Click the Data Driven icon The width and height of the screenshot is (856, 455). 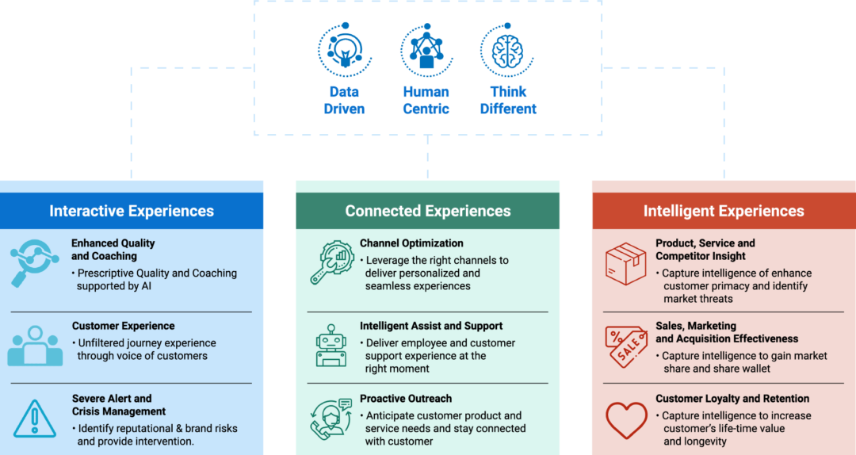tap(344, 48)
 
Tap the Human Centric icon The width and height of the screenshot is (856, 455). tap(426, 48)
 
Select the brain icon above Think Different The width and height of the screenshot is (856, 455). tap(507, 48)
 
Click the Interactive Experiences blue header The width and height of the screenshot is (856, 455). tap(132, 211)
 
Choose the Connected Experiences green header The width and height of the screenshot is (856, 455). tap(428, 211)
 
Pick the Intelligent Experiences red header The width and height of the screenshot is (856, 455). tap(724, 211)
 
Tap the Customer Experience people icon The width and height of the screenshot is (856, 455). tap(35, 346)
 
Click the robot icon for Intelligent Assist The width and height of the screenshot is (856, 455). tap(331, 346)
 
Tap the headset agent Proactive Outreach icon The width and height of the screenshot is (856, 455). tap(331, 419)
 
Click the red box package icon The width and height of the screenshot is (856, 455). tap(626, 264)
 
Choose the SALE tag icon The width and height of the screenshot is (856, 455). tap(626, 346)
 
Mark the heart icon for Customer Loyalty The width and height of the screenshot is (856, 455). tap(626, 420)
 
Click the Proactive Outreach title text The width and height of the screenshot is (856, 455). tap(406, 399)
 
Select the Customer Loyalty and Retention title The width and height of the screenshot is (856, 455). tap(732, 399)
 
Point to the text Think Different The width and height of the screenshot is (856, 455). tap(508, 101)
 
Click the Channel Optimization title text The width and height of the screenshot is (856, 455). tap(411, 243)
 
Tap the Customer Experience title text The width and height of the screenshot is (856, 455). tap(123, 326)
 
